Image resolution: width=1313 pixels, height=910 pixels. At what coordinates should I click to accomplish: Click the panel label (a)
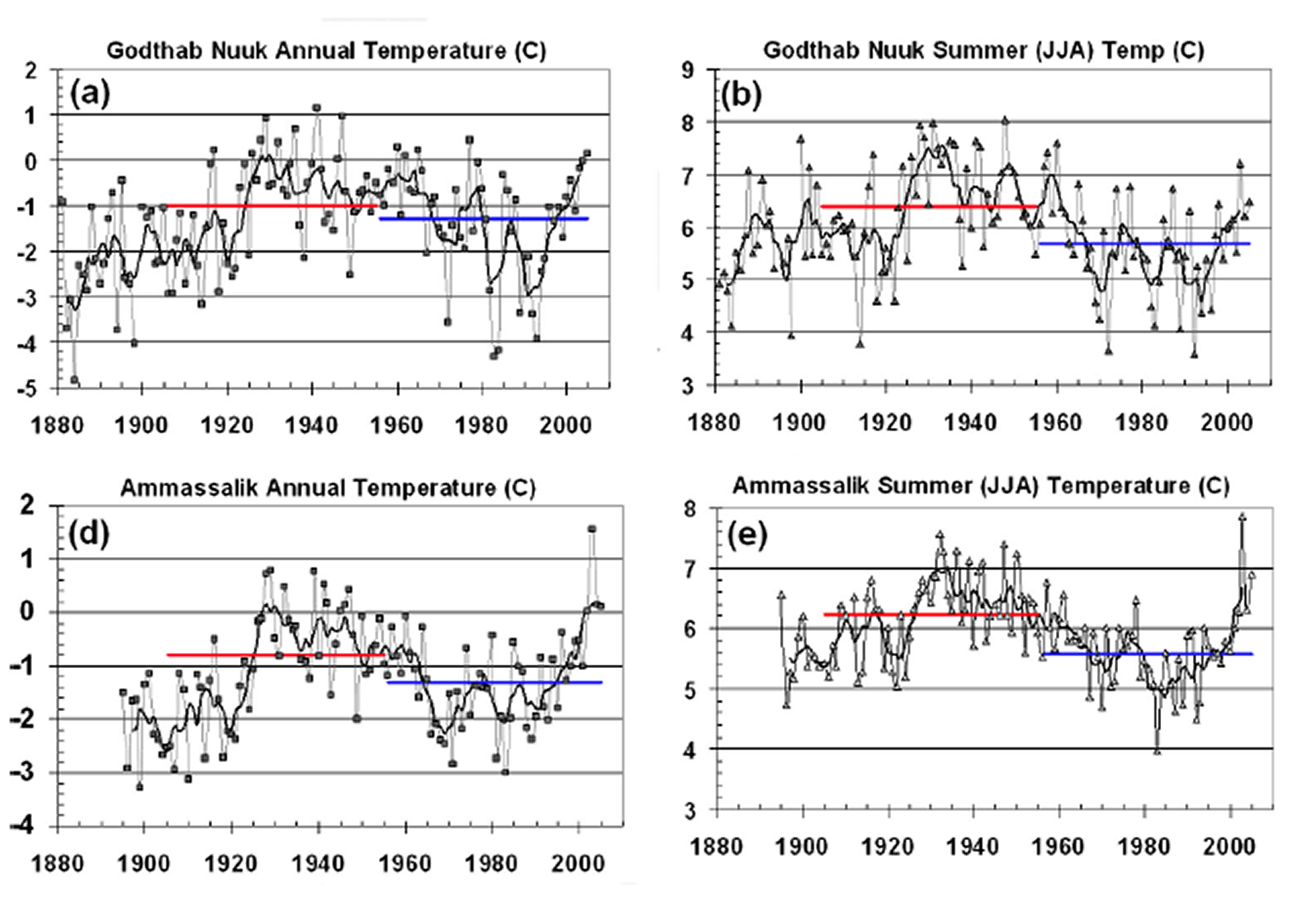point(90,94)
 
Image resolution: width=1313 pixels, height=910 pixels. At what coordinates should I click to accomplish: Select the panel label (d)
point(90,533)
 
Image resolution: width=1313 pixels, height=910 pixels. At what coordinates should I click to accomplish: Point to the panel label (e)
point(747,537)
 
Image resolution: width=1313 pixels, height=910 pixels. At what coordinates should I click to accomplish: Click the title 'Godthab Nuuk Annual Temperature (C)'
point(326,51)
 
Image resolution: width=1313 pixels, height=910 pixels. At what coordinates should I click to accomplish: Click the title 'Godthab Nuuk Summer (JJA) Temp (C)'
point(983,51)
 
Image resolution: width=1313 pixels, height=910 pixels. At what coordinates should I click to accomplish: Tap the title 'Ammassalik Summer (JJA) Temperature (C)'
point(981,486)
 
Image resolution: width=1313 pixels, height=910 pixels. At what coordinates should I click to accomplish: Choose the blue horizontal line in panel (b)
point(1144,243)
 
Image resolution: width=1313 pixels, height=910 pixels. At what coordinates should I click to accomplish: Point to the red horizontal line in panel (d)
point(275,655)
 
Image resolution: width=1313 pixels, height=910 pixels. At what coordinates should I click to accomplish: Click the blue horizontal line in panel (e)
point(1147,654)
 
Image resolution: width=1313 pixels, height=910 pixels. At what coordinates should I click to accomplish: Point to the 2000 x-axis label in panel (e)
point(1229,847)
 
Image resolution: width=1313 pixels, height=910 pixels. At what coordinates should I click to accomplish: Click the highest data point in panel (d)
point(591,529)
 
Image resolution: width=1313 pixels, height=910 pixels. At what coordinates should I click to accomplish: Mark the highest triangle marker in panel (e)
point(1242,517)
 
